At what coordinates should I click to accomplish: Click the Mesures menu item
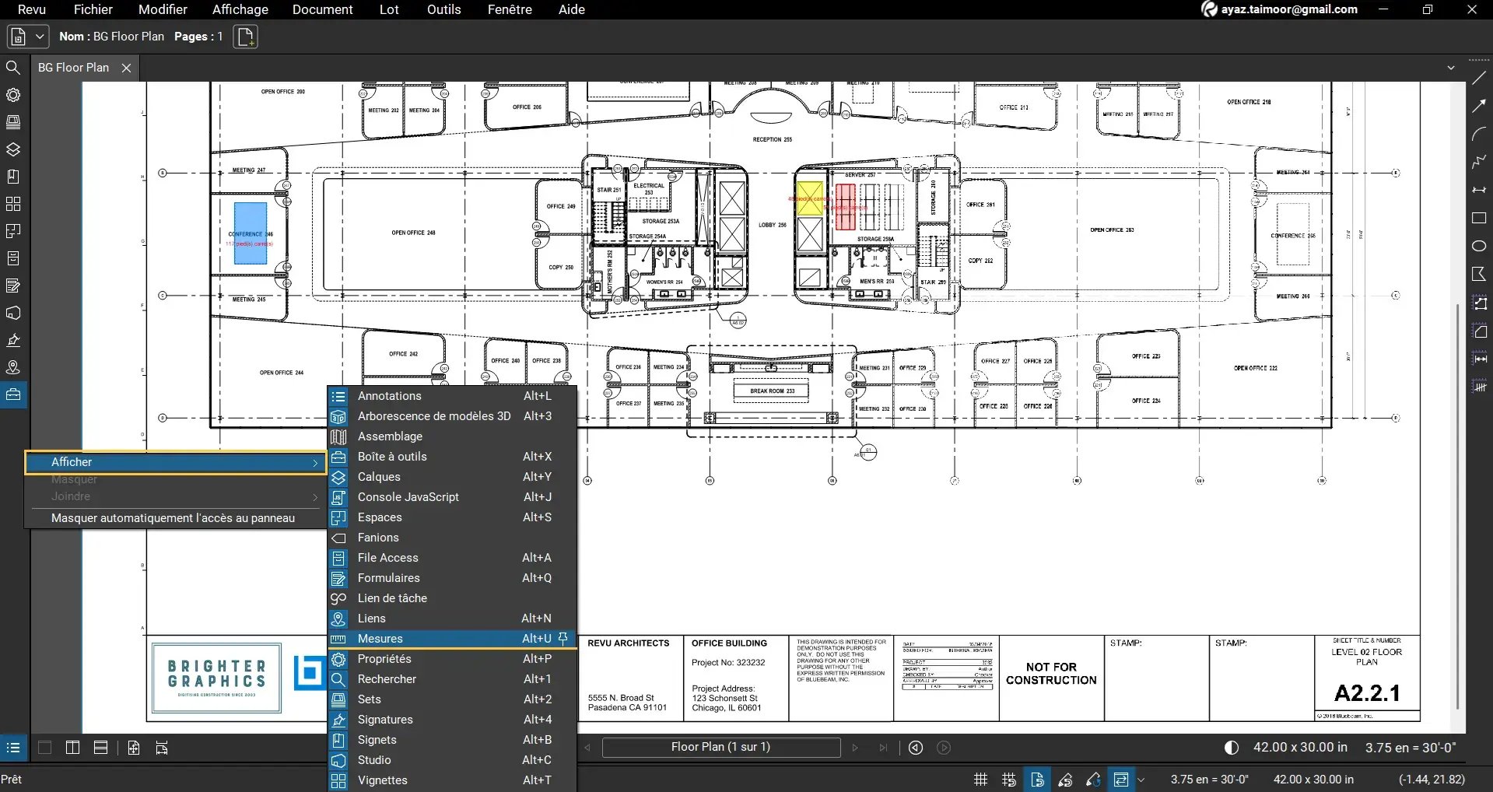[380, 639]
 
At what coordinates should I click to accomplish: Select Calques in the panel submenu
[379, 477]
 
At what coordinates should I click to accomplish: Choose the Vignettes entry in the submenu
[382, 780]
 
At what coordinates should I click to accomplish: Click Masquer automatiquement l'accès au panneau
[173, 518]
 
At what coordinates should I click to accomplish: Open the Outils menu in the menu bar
[443, 9]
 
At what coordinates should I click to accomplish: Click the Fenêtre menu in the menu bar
[510, 9]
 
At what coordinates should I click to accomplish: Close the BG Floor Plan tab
[126, 68]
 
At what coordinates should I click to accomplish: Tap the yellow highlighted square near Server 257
[809, 198]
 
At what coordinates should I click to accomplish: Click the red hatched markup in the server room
[845, 206]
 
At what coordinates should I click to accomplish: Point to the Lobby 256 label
[772, 225]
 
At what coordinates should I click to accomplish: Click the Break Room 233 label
[772, 391]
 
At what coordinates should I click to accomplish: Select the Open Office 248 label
[413, 233]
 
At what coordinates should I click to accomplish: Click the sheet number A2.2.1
[1366, 692]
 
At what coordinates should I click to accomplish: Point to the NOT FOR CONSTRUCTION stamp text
[1051, 673]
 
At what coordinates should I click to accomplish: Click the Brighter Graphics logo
[216, 678]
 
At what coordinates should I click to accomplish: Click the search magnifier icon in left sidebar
[13, 68]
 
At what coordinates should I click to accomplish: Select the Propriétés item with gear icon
[384, 659]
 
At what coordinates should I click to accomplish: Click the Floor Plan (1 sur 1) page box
[720, 747]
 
